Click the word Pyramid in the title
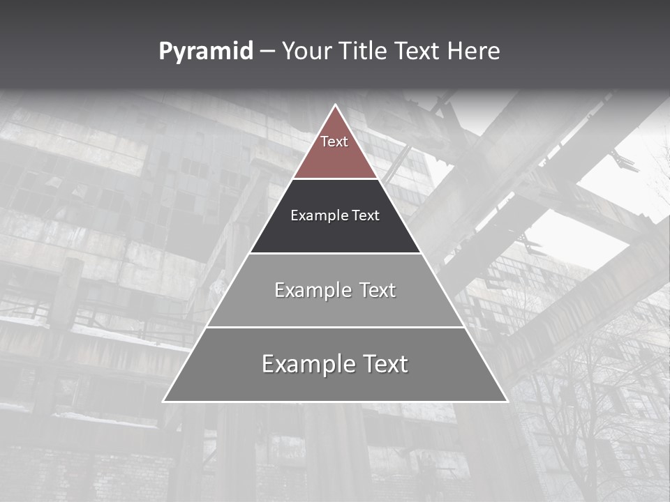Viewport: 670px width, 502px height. [x=205, y=52]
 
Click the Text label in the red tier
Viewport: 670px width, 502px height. [x=334, y=142]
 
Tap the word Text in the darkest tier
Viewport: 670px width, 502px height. [x=365, y=215]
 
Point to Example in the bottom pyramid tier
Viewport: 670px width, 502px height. [x=302, y=364]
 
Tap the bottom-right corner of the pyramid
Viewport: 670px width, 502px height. [x=507, y=401]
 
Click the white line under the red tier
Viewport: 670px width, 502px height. [x=335, y=179]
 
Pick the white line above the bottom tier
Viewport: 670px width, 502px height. [x=335, y=327]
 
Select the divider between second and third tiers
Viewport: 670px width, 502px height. [x=335, y=253]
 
